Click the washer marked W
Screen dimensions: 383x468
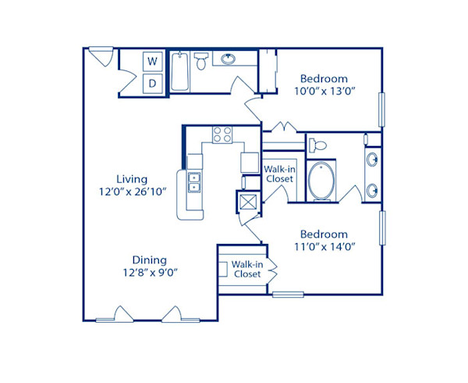[153, 61]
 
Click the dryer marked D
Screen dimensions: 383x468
[153, 83]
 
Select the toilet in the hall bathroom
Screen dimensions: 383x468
[200, 60]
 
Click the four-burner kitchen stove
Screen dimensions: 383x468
[222, 134]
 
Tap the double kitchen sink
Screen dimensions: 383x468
[193, 183]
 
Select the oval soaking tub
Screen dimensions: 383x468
[321, 181]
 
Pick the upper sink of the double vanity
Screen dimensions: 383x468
[373, 161]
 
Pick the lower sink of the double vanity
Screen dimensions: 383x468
[373, 190]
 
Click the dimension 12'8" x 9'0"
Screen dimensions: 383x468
[129, 274]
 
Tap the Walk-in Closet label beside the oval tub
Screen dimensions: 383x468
[279, 174]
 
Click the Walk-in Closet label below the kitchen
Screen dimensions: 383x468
[246, 270]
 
